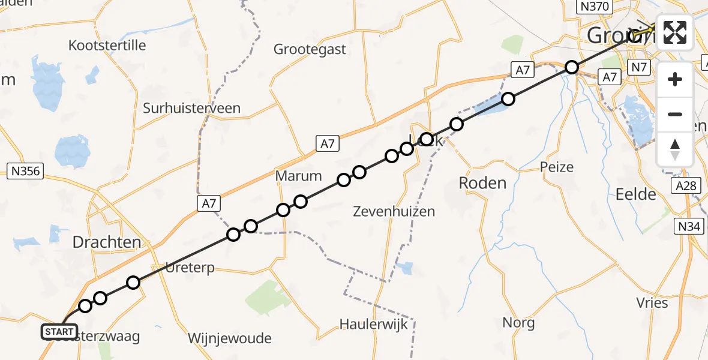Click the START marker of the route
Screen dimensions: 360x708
pyautogui.click(x=59, y=331)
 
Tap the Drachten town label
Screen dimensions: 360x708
pyautogui.click(x=107, y=242)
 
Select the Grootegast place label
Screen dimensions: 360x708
pyautogui.click(x=310, y=49)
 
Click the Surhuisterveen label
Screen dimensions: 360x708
pyautogui.click(x=191, y=109)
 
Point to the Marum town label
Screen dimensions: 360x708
pyautogui.click(x=298, y=176)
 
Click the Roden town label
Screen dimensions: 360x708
pyautogui.click(x=482, y=183)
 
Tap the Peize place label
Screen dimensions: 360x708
pyautogui.click(x=557, y=167)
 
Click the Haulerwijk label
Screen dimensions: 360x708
pyautogui.click(x=373, y=325)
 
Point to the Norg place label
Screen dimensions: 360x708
pyautogui.click(x=518, y=323)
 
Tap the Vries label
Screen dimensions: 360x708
pyautogui.click(x=652, y=303)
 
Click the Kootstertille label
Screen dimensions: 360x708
pyautogui.click(x=107, y=46)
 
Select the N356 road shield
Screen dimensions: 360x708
pyautogui.click(x=25, y=172)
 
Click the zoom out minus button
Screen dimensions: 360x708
pyautogui.click(x=675, y=114)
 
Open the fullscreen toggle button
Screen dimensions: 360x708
pyautogui.click(x=675, y=32)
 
